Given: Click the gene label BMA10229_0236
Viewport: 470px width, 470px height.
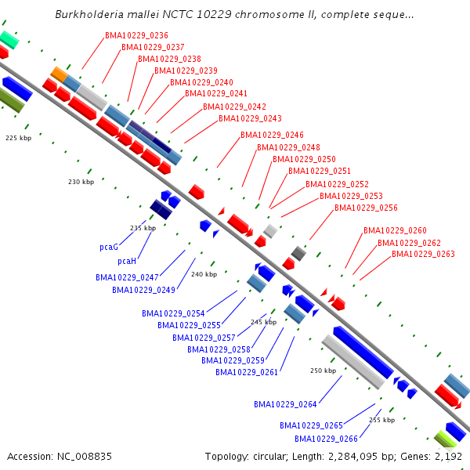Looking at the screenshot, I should click(137, 35).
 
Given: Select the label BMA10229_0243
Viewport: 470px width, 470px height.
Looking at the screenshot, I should click(250, 119).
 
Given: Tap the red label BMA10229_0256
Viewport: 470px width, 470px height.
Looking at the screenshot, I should click(366, 208).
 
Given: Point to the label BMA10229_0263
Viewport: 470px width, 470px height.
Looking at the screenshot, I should click(423, 254).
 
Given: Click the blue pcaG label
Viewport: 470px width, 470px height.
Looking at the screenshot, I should click(109, 247).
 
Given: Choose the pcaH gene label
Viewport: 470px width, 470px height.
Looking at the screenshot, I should click(127, 261).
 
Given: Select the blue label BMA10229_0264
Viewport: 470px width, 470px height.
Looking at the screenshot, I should click(285, 404).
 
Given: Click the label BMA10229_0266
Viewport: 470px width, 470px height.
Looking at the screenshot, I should click(326, 439).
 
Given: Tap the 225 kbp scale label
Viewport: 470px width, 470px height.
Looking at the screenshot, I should click(18, 138).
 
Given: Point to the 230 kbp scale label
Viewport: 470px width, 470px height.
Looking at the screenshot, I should click(81, 182).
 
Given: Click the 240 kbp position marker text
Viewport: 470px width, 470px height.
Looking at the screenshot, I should click(204, 274).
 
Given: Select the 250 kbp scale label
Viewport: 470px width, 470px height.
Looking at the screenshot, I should click(323, 371).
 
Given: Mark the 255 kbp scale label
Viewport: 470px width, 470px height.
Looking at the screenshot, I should click(381, 420).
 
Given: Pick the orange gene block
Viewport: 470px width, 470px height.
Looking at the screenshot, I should click(59, 74).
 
